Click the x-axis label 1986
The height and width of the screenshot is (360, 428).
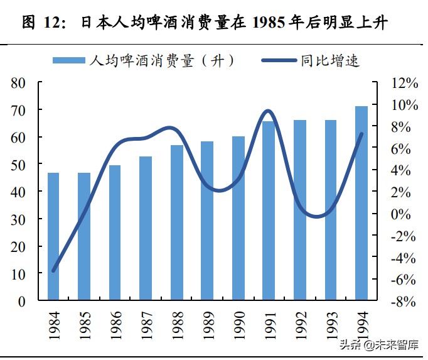pyautogui.click(x=115, y=323)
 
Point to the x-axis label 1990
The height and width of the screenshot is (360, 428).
pyautogui.click(x=238, y=323)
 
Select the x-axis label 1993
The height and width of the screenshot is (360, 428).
pyautogui.click(x=331, y=323)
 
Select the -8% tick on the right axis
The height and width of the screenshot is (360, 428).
pyautogui.click(x=402, y=302)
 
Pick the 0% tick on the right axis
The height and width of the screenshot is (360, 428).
pyautogui.click(x=402, y=214)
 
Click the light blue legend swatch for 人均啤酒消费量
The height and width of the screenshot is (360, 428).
pyautogui.click(x=69, y=61)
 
